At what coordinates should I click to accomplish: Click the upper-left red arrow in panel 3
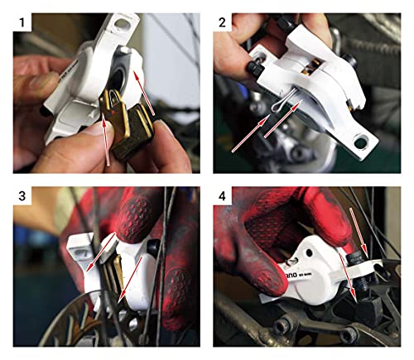(x=99, y=248)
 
